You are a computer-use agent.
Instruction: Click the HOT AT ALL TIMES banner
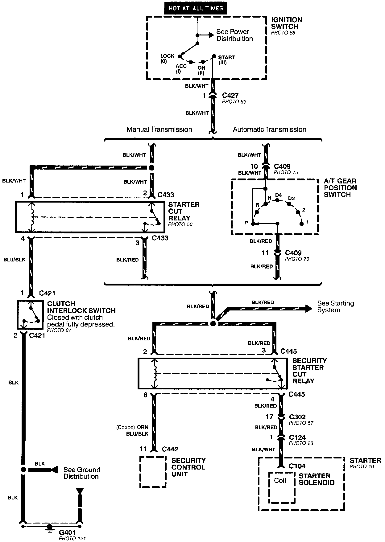[x=196, y=8]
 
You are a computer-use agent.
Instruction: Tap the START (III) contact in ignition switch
[x=214, y=56]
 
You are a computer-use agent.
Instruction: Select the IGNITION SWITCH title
[x=287, y=23]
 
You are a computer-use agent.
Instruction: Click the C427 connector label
[x=230, y=96]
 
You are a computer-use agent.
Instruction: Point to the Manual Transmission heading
[x=159, y=129]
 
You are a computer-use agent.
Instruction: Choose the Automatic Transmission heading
[x=269, y=129]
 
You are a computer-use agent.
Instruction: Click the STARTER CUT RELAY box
[x=89, y=217]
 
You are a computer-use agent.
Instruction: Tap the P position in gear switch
[x=253, y=224]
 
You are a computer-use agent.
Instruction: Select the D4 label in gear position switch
[x=278, y=195]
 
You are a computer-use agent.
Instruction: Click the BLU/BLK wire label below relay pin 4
[x=14, y=260]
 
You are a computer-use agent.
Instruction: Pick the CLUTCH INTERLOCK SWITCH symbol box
[x=30, y=314]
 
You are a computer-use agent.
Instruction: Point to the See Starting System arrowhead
[x=308, y=308]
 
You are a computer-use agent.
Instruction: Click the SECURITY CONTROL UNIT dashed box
[x=153, y=472]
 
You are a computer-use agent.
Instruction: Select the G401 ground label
[x=67, y=532]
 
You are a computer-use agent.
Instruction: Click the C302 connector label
[x=297, y=417]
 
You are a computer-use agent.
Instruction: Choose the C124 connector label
[x=297, y=437]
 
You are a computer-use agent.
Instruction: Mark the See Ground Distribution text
[x=82, y=473]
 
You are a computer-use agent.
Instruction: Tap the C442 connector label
[x=170, y=449]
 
